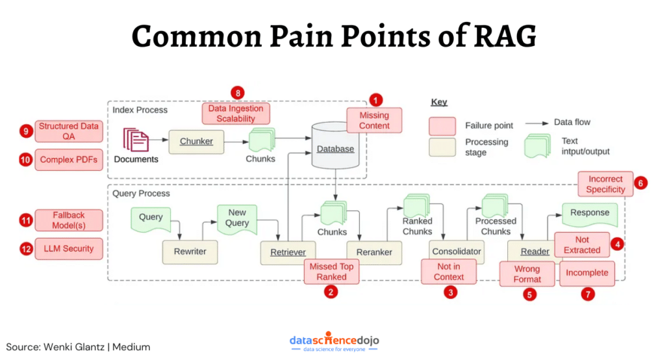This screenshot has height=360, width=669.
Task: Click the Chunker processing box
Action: tap(196, 142)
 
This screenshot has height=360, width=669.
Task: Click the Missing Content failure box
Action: tap(374, 121)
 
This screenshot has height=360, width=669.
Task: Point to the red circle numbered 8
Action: tap(238, 93)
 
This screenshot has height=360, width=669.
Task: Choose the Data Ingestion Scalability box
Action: tap(236, 114)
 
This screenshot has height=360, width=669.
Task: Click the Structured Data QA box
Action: tap(69, 131)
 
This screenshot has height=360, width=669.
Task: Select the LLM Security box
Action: tap(69, 249)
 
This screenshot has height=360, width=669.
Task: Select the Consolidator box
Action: tap(456, 251)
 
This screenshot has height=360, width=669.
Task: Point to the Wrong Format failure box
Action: tap(527, 274)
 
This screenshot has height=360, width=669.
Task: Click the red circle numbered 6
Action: tap(640, 183)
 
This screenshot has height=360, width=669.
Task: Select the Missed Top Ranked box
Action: tap(331, 272)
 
